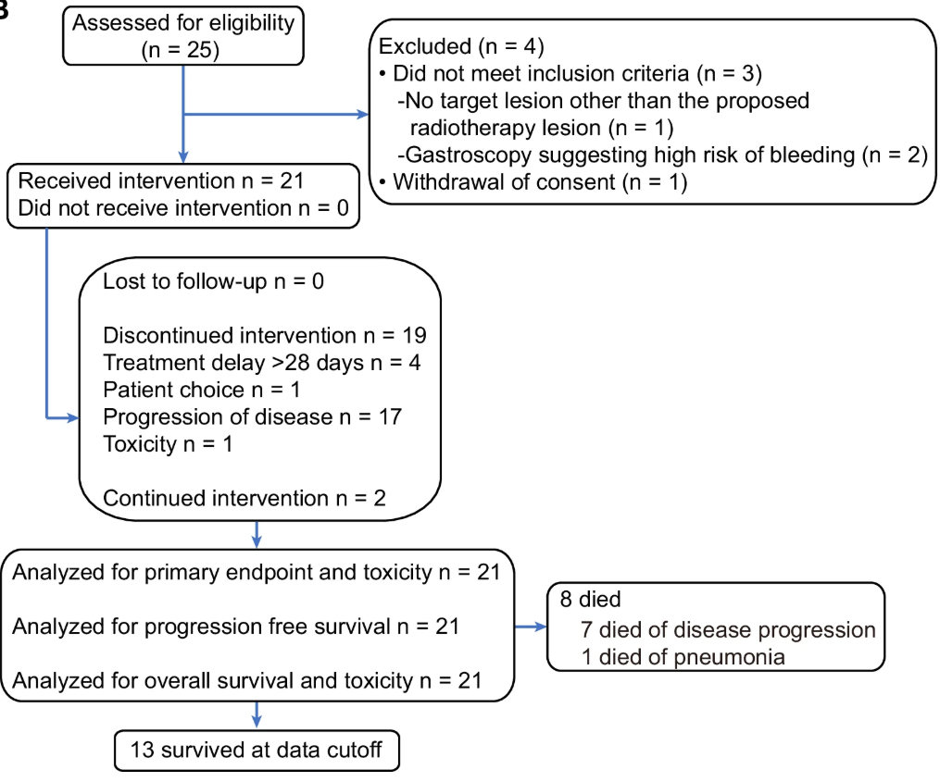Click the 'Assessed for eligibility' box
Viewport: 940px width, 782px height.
tap(183, 36)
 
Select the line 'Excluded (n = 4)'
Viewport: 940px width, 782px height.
tap(461, 47)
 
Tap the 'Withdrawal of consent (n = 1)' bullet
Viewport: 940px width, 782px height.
tap(533, 182)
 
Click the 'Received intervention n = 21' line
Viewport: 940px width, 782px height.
tap(161, 181)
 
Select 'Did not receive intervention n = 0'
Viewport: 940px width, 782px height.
tap(183, 208)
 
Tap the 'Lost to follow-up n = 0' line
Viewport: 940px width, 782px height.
tap(213, 281)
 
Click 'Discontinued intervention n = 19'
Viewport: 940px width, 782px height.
tap(264, 336)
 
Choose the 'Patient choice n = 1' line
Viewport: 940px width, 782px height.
tap(202, 391)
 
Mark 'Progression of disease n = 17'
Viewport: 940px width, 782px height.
tap(253, 417)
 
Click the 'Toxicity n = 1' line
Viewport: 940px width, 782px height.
tap(168, 444)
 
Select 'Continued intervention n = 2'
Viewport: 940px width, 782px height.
tap(244, 499)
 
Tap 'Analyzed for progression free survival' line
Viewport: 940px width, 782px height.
tap(235, 627)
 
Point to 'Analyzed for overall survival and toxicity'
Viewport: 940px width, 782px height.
tap(247, 681)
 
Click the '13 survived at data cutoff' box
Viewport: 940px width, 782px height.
tap(257, 751)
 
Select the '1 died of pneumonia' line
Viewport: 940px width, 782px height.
tap(683, 657)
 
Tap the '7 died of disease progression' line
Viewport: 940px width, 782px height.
tap(728, 630)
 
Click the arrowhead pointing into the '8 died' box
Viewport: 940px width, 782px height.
tap(541, 627)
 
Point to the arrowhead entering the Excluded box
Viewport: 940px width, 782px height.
tap(363, 115)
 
